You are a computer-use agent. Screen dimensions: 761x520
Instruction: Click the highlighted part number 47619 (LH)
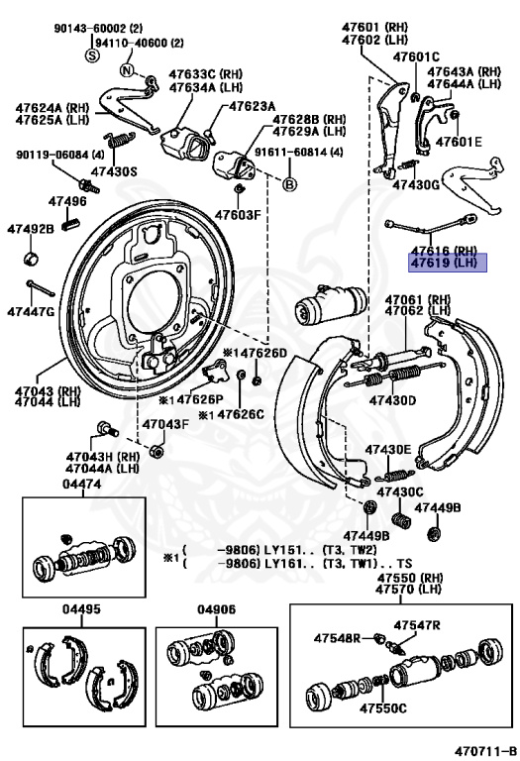pyautogui.click(x=445, y=265)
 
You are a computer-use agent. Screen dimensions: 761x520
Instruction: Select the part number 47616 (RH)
pyautogui.click(x=445, y=252)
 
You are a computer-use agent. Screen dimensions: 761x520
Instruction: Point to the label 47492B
pyautogui.click(x=30, y=229)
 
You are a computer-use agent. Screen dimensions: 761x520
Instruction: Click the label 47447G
pyautogui.click(x=31, y=311)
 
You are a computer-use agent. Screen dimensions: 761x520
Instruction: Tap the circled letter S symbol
pyautogui.click(x=92, y=55)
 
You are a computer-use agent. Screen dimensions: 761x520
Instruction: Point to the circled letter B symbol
pyautogui.click(x=289, y=184)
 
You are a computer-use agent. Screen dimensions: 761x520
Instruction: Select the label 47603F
pyautogui.click(x=238, y=214)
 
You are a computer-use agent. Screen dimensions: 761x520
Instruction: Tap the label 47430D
pyautogui.click(x=392, y=401)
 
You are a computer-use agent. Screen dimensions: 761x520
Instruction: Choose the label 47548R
pyautogui.click(x=337, y=637)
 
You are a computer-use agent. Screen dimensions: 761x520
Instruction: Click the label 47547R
pyautogui.click(x=416, y=624)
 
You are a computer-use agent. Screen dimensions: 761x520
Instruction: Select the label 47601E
pyautogui.click(x=462, y=142)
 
